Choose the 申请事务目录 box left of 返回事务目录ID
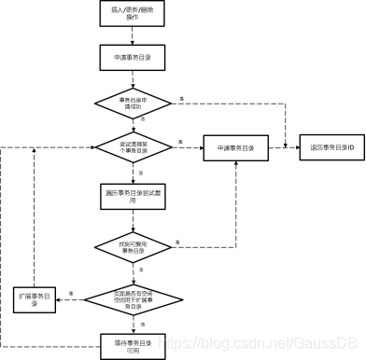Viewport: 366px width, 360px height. coord(236,147)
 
